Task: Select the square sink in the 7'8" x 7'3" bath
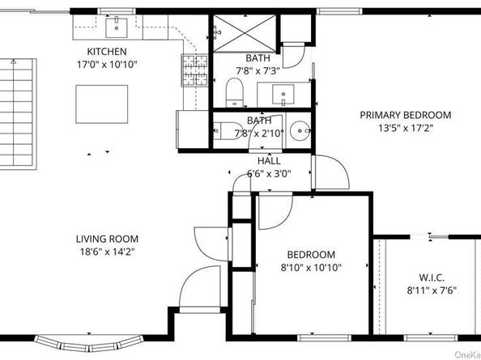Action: tap(285, 96)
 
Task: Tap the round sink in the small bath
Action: tap(299, 130)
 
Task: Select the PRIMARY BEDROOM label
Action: tap(405, 115)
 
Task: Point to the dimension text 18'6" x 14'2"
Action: tap(106, 252)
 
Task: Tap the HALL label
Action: tap(269, 161)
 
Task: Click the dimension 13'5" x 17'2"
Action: tap(405, 128)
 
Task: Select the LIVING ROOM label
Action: tap(107, 239)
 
